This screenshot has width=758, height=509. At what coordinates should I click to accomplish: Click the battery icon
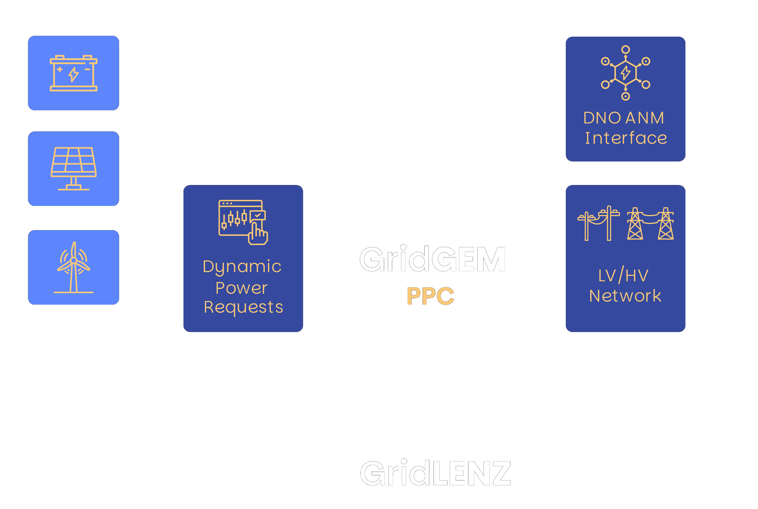(x=73, y=73)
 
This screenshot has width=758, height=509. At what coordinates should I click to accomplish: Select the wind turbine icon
(x=73, y=267)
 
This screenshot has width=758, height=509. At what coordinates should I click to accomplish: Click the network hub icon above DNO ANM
(x=626, y=73)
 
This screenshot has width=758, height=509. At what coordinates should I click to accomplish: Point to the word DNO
(x=602, y=118)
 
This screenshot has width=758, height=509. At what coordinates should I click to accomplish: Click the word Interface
(x=626, y=138)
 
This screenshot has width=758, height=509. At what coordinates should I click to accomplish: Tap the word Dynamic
(x=242, y=267)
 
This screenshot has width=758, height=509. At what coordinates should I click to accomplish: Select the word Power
(x=242, y=288)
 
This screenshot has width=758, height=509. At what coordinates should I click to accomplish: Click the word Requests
(x=243, y=307)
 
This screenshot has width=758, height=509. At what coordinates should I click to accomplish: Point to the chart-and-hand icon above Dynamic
(x=243, y=222)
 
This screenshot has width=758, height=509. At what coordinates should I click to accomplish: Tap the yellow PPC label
(x=430, y=296)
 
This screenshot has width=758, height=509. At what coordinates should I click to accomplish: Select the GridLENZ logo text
(x=435, y=473)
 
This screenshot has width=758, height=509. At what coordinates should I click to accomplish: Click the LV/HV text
(x=623, y=276)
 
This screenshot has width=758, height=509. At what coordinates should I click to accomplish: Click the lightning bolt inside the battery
(x=73, y=75)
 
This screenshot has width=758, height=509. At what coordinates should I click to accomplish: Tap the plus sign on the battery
(x=60, y=69)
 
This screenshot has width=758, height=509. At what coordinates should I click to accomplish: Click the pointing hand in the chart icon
(x=258, y=234)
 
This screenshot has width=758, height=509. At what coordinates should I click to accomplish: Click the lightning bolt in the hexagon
(x=626, y=73)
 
